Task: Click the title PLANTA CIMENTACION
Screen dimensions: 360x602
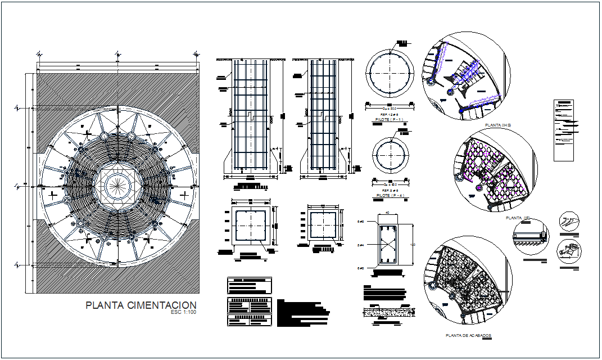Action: (x=141, y=305)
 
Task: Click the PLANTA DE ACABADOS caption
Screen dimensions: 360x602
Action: (x=468, y=335)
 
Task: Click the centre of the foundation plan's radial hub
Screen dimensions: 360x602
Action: (x=117, y=184)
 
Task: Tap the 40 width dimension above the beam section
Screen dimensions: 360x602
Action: (x=387, y=213)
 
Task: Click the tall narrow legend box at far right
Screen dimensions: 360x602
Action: (x=564, y=130)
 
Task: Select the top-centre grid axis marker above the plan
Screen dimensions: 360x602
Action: (x=117, y=54)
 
